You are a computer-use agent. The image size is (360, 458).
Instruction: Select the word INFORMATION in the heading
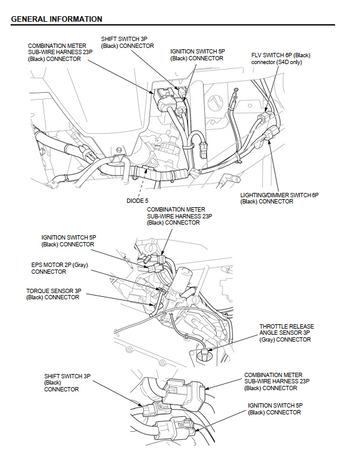(x=76, y=19)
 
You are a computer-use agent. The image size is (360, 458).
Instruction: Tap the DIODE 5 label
(x=137, y=201)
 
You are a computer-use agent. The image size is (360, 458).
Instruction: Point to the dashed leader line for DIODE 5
(x=142, y=182)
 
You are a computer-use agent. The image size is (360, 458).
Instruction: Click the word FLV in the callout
(x=256, y=55)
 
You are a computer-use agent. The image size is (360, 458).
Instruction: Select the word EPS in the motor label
(x=36, y=265)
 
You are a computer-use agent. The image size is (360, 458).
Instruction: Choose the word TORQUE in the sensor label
(x=37, y=291)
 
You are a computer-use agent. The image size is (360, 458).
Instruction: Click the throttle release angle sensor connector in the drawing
(x=204, y=352)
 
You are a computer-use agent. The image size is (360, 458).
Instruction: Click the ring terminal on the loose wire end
(x=236, y=90)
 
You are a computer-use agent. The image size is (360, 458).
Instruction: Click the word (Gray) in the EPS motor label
(x=80, y=265)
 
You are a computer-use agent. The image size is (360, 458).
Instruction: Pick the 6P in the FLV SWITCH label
(x=289, y=55)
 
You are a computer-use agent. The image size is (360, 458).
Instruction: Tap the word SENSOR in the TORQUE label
(x=61, y=291)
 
